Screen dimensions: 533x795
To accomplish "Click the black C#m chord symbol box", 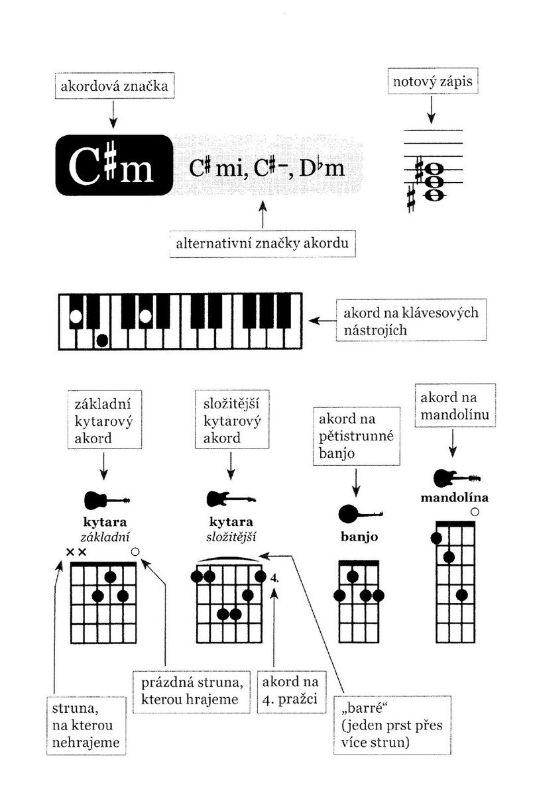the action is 114,165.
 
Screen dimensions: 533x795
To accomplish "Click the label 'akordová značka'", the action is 114,86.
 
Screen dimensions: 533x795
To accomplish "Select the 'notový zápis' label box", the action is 432,81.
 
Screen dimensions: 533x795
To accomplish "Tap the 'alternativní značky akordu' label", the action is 263,244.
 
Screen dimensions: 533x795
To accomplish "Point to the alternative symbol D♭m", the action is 322,168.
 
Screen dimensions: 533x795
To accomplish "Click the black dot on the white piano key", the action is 102,341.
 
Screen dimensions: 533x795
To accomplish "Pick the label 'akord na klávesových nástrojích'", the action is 411,321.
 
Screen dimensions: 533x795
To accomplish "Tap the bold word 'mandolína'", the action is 454,498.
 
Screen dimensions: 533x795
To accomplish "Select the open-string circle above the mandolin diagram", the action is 475,511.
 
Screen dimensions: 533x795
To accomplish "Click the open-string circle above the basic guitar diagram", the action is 135,551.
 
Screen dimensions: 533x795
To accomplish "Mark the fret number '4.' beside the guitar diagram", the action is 274,578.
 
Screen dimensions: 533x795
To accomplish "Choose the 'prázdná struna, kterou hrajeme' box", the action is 192,692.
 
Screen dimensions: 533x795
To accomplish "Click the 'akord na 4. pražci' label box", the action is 291,692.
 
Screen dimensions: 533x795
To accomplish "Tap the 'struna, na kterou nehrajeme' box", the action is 86,725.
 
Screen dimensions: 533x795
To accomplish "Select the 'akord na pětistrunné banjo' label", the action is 357,436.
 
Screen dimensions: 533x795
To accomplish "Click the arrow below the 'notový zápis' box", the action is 431,110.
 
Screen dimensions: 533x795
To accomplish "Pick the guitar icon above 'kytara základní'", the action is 107,500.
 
